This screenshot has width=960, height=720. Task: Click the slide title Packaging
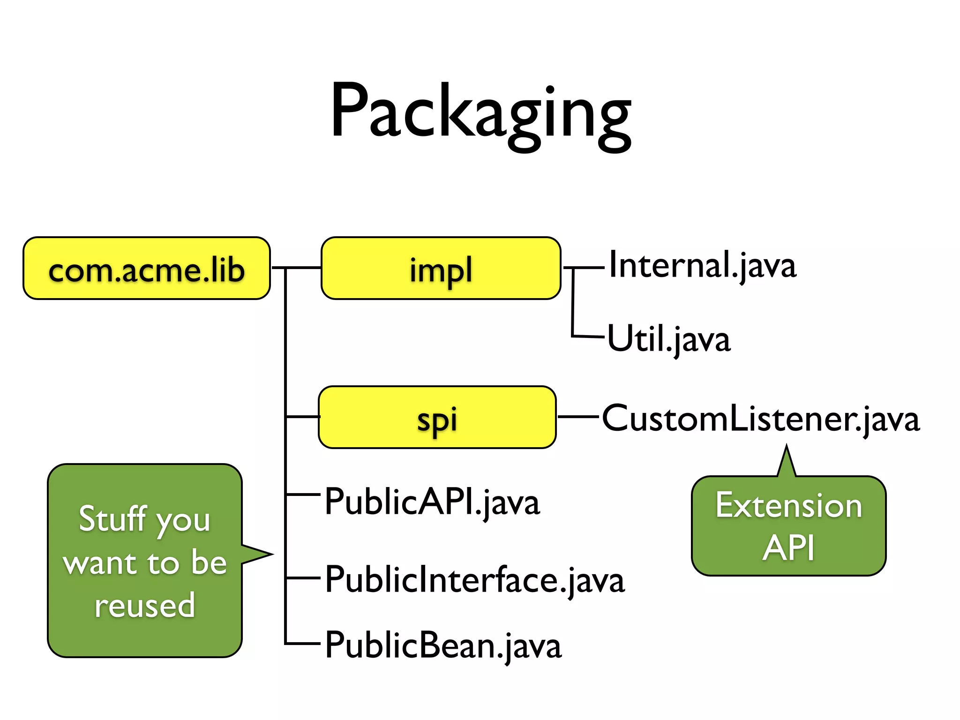(481, 112)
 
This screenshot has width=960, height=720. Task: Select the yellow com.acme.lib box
(147, 269)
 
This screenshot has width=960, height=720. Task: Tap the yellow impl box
(441, 269)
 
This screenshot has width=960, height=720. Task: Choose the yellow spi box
(437, 417)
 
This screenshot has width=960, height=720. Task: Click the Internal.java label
(702, 266)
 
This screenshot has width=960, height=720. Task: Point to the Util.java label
(668, 339)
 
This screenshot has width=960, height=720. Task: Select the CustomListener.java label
(760, 419)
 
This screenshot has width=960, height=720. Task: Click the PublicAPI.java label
(432, 502)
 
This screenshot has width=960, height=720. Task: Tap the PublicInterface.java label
(474, 580)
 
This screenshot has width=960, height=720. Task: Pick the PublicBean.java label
(442, 646)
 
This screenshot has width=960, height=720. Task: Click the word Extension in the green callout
(788, 506)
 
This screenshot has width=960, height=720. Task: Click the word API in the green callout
(788, 547)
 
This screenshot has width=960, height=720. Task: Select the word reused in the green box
(144, 605)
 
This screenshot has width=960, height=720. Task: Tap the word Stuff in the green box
(112, 519)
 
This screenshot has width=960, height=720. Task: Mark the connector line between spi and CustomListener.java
(578, 416)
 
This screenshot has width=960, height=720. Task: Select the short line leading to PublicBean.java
(302, 644)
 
